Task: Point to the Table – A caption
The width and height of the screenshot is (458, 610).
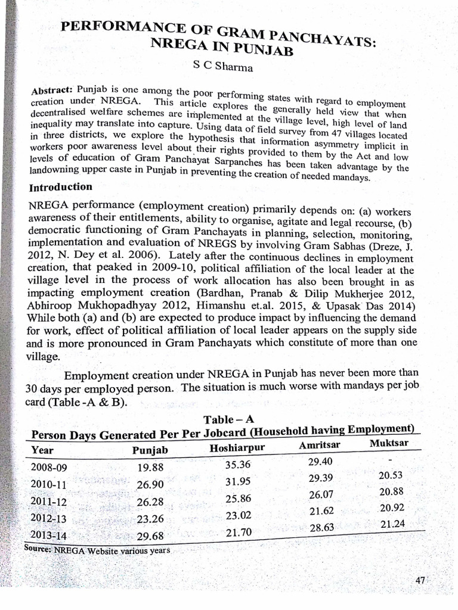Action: click(225, 419)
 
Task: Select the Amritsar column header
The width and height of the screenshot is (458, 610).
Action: click(320, 446)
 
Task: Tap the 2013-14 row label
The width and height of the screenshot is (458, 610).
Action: click(49, 535)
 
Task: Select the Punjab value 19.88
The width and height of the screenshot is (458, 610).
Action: click(150, 468)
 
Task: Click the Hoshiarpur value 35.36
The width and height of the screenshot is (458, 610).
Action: click(238, 465)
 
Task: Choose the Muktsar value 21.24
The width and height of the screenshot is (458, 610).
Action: click(391, 524)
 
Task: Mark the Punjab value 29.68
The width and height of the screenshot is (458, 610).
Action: click(150, 536)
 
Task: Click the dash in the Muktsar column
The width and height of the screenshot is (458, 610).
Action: click(389, 460)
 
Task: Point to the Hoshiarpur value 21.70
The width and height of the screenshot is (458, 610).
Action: click(239, 532)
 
